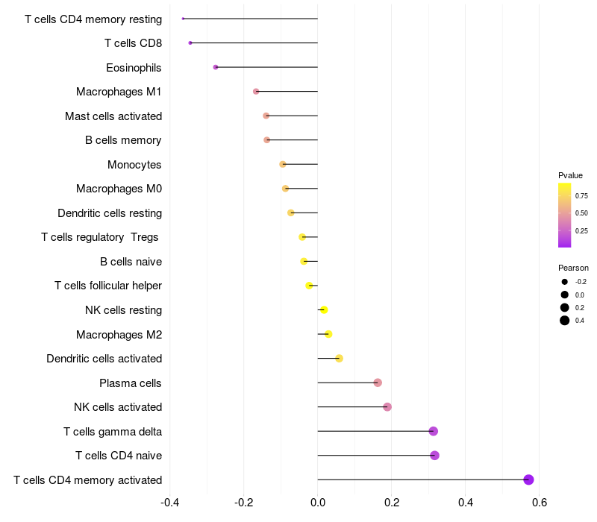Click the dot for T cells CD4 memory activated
click(528, 479)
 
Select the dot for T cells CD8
click(190, 43)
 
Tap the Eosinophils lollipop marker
click(216, 67)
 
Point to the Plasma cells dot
click(378, 383)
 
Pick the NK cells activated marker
click(387, 407)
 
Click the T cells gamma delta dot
click(433, 431)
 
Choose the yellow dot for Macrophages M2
click(328, 334)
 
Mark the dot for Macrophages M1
click(256, 92)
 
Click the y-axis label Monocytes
click(134, 165)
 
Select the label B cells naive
click(131, 262)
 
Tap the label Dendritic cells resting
click(110, 213)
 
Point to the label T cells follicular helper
click(108, 286)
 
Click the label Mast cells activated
click(113, 116)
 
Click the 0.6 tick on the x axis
click(539, 502)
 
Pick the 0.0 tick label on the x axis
click(317, 502)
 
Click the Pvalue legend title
click(570, 175)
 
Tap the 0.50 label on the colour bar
click(581, 213)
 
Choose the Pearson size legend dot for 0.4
click(565, 321)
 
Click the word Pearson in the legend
click(573, 268)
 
